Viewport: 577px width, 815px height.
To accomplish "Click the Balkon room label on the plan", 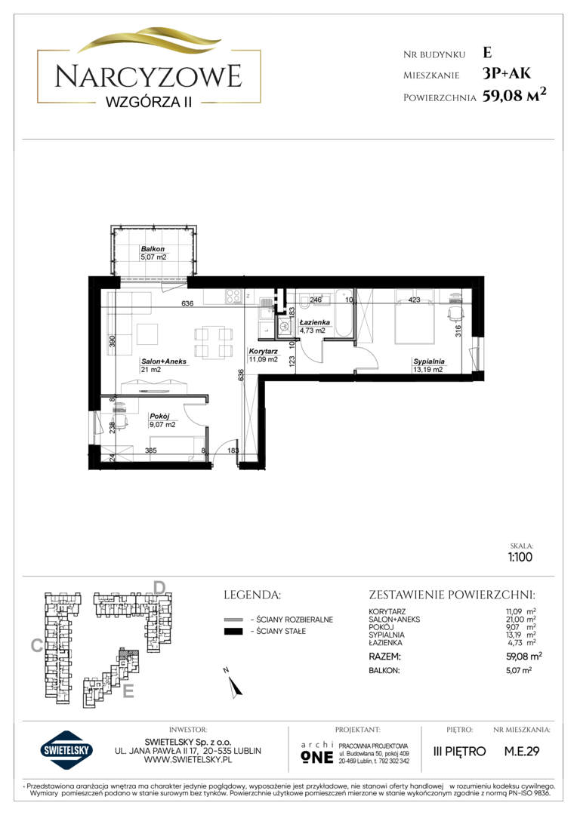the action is coord(153,249).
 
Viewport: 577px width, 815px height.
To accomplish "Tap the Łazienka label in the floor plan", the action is coord(315,322).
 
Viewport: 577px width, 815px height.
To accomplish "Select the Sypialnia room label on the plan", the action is coord(429,361).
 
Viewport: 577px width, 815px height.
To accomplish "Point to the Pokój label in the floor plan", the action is coord(159,417).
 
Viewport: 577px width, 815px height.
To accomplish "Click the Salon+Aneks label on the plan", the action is coord(164,361).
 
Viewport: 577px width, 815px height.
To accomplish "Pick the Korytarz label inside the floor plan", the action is coord(264,352).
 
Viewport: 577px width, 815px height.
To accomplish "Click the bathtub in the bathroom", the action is coord(344,314).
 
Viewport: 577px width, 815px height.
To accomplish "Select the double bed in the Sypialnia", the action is coord(415,317).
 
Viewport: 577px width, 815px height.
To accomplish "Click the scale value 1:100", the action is coord(520,557).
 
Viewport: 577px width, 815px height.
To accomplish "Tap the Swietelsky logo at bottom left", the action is coord(66,751).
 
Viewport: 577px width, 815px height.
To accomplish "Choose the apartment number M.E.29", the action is coord(522,751).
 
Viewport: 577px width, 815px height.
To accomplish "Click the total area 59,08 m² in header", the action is coord(514,95).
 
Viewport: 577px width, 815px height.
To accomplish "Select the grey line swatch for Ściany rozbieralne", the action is coord(233,620).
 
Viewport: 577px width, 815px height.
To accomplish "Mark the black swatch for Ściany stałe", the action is coord(233,632).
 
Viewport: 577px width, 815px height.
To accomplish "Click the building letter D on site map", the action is coord(159,588).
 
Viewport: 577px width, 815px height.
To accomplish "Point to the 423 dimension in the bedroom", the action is coord(414,300).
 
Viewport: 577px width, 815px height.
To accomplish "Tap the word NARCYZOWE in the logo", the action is coord(149,76).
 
